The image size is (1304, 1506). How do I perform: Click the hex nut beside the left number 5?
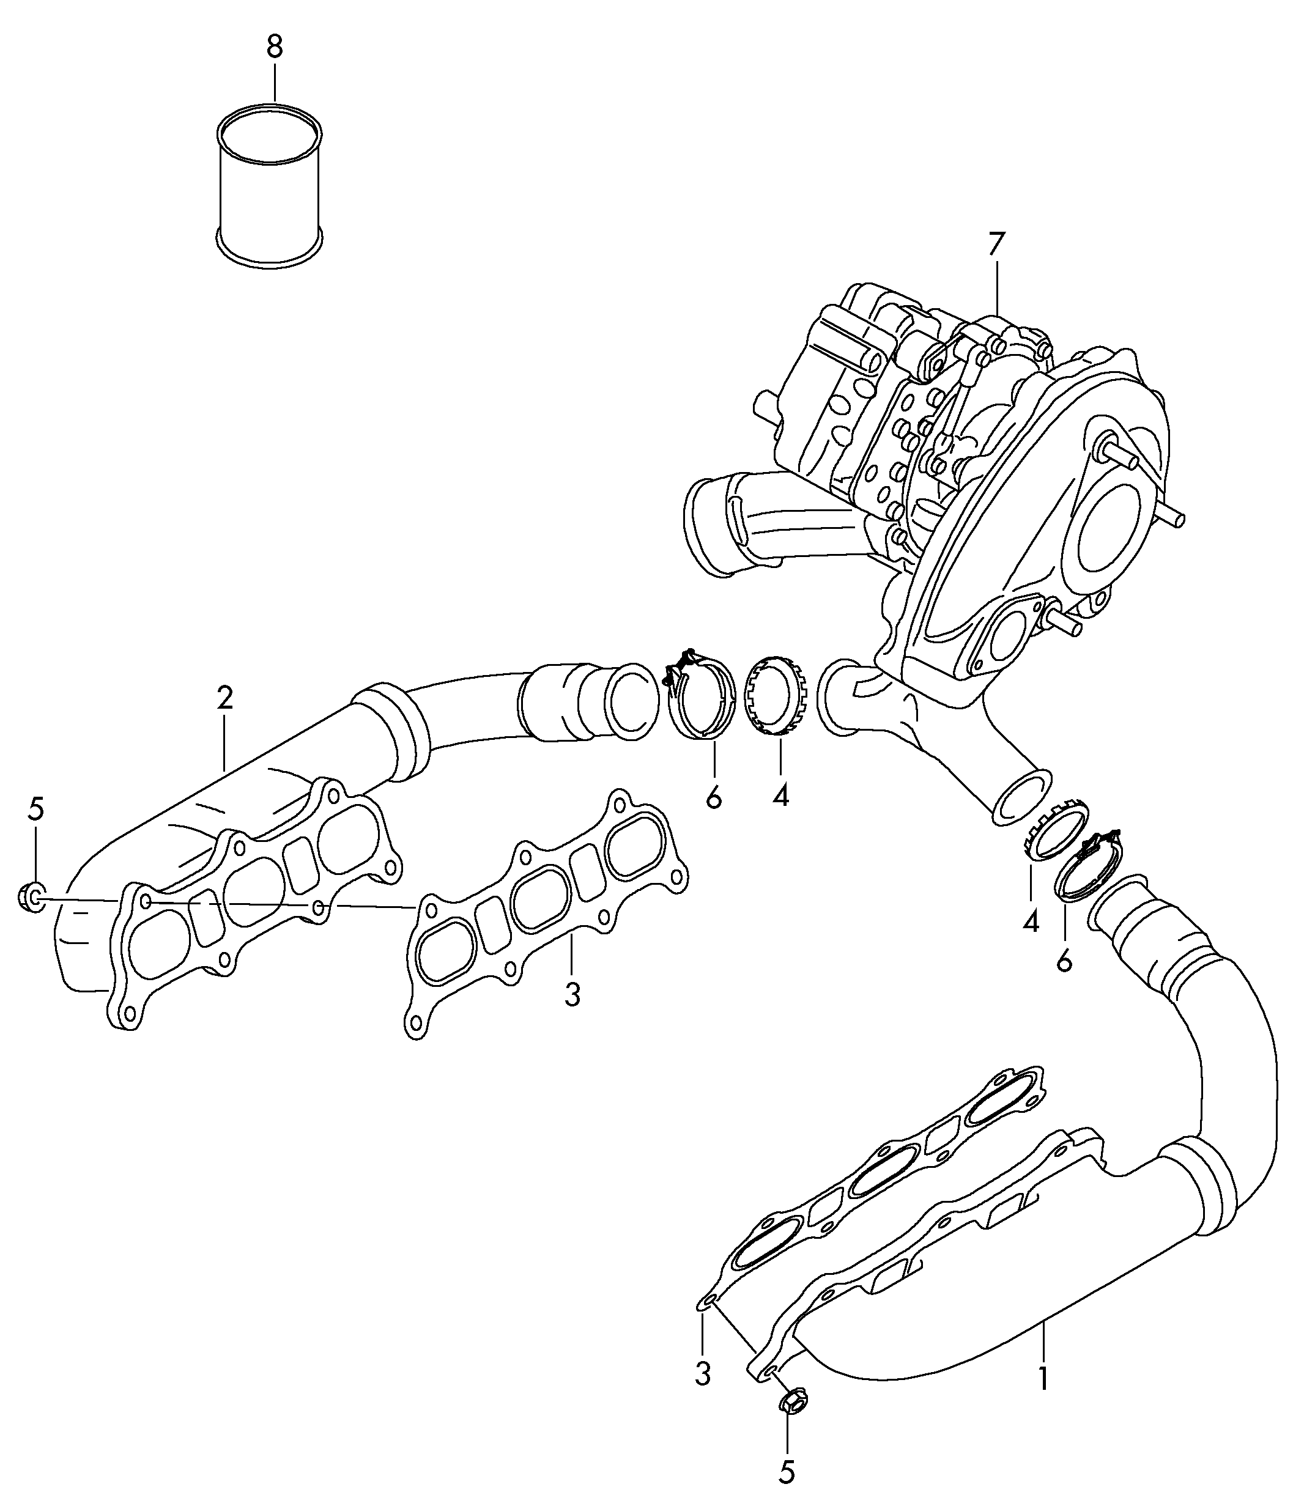click(31, 896)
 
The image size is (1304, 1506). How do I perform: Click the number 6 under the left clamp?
click(714, 797)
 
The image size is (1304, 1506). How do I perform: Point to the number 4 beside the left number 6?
click(780, 797)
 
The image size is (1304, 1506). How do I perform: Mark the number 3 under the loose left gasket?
click(572, 995)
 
